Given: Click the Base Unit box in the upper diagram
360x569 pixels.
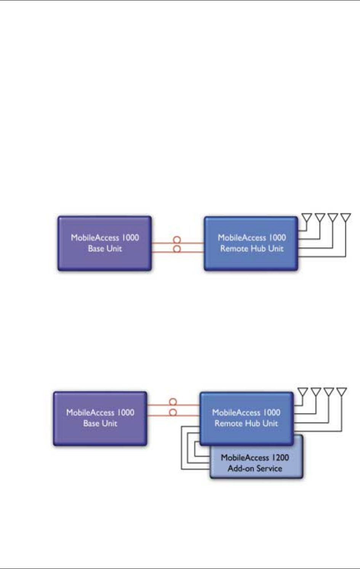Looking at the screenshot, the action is coord(105,243).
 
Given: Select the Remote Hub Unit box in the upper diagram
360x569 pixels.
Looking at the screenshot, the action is coord(251,243).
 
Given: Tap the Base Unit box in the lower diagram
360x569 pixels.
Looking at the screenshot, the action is coord(100,418).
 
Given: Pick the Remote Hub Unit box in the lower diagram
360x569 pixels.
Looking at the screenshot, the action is coord(247,418).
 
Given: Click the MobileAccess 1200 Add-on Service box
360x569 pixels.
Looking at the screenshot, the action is coord(257,463).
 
